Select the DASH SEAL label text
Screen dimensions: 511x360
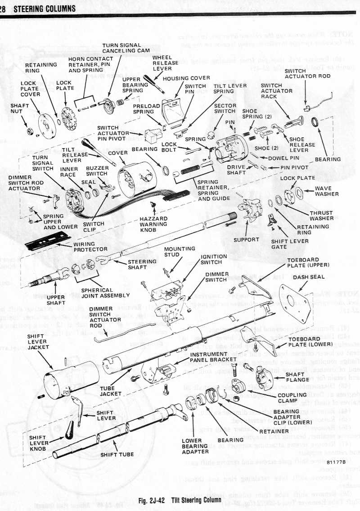pos(306,277)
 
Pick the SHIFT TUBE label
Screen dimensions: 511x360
pos(117,454)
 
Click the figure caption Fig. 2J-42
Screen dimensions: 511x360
pos(180,488)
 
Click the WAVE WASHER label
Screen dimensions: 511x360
pos(324,191)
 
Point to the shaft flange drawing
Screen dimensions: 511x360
pos(264,375)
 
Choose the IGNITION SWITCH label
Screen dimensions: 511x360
pos(214,259)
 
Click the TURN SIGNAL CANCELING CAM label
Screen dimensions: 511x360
pos(121,48)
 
